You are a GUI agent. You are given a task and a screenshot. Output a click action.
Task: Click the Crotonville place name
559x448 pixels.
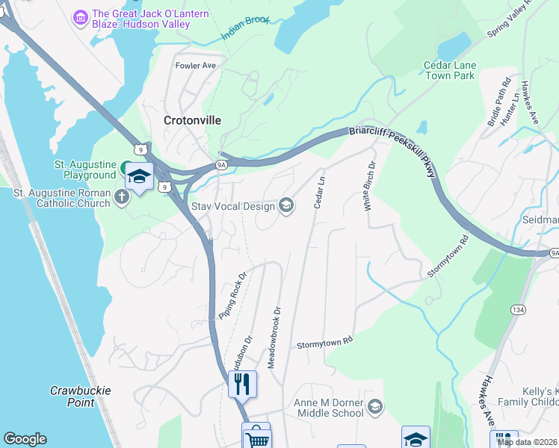[x=192, y=119]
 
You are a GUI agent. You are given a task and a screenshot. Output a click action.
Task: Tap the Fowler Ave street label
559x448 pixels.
[x=195, y=66]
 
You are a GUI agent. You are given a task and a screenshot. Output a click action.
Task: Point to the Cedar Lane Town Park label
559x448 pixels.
[x=449, y=70]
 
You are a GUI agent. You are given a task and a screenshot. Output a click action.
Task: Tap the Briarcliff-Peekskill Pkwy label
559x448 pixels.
[x=392, y=149]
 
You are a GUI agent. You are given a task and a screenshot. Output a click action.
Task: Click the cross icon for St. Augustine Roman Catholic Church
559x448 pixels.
[x=122, y=199]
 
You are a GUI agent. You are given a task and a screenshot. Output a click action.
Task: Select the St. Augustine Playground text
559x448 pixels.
[x=84, y=169]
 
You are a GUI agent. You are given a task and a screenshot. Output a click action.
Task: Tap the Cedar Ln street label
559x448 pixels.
[x=321, y=191]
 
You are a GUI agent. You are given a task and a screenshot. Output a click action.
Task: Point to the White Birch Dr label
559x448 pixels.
[x=369, y=186]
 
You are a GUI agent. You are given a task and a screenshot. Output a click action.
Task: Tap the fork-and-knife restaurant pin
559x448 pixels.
[x=242, y=384]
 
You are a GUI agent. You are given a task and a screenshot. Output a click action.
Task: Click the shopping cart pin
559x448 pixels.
[x=256, y=437]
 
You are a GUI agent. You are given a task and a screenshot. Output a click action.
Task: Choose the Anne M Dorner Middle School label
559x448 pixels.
[x=330, y=408]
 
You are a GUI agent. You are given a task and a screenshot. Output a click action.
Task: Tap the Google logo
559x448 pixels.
[x=25, y=439]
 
